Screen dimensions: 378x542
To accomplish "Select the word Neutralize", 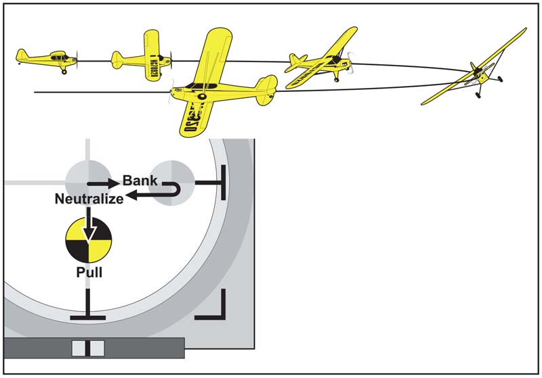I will (89, 199).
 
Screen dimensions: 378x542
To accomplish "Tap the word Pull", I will (88, 276).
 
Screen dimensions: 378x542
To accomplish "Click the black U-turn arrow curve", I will (177, 190).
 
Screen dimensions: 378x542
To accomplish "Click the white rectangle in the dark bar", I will (88, 348).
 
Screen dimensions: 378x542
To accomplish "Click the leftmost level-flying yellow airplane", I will (47, 60).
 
